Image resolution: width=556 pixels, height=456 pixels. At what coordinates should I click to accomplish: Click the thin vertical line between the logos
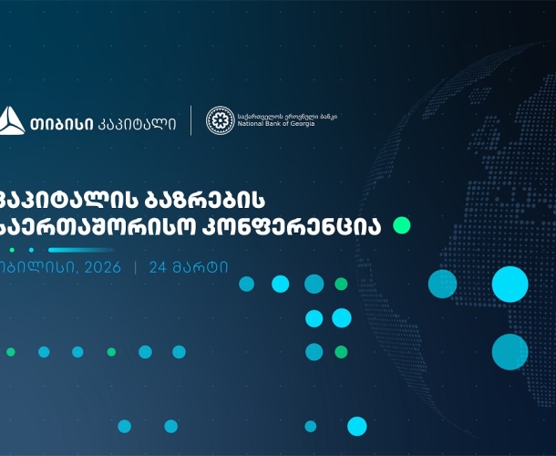190,120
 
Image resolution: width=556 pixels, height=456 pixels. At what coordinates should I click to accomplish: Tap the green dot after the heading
401,224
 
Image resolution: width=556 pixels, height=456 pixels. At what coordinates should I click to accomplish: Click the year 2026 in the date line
101,268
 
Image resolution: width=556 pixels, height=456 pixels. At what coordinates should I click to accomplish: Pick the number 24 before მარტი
159,268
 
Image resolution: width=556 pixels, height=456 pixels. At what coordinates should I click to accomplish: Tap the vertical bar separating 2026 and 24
136,268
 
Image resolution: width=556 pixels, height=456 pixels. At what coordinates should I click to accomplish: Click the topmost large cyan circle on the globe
510,284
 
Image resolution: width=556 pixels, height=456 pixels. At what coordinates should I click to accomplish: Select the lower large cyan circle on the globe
510,351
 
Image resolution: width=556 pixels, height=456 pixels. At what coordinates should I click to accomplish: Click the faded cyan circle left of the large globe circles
443,284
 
